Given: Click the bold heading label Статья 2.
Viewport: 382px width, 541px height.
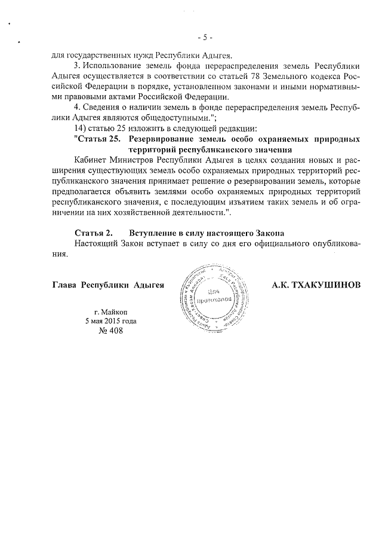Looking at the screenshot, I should pos(91,233).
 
